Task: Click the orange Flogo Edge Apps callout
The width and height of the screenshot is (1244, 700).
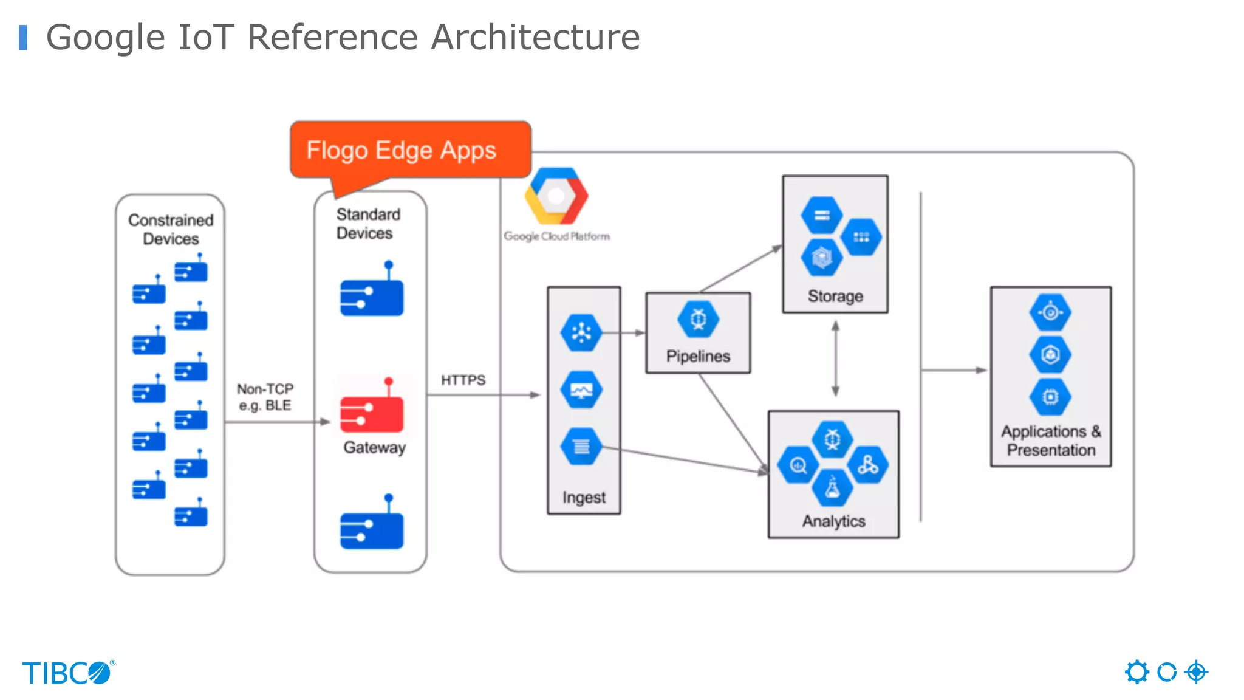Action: tap(410, 150)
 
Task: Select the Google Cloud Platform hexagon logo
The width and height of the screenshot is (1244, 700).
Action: tap(556, 196)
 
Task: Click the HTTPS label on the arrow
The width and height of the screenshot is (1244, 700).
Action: tap(463, 380)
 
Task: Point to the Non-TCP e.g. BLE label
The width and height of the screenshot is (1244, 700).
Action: tap(265, 397)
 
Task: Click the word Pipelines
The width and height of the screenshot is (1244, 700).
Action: tap(698, 356)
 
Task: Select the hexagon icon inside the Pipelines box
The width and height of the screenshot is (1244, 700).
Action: tap(698, 319)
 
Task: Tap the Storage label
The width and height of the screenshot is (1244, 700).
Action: tap(835, 296)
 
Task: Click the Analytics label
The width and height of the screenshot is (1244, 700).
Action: tap(833, 521)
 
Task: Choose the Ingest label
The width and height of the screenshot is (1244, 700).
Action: tap(584, 498)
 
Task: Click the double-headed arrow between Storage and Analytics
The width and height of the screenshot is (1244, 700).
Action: tap(836, 359)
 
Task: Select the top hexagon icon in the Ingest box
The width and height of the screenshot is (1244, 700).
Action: tap(581, 332)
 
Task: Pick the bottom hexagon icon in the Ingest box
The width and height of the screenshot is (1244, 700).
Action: tap(581, 447)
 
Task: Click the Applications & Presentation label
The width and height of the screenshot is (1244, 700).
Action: tap(1051, 441)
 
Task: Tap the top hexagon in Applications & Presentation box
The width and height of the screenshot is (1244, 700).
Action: tap(1050, 312)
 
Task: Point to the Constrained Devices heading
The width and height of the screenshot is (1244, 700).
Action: tap(171, 229)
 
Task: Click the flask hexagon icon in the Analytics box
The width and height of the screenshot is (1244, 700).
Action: tap(832, 488)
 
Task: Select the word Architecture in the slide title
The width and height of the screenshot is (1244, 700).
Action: tap(535, 37)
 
